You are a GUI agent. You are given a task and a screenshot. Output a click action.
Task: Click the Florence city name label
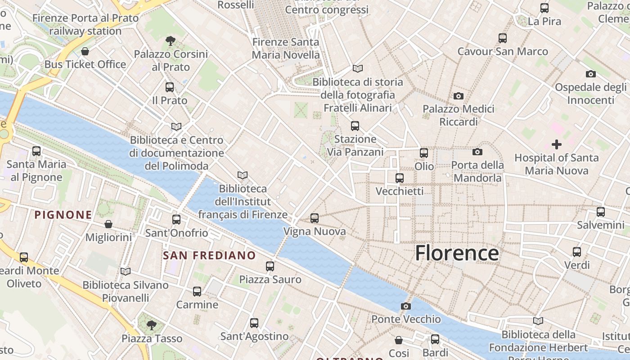pos(457,253)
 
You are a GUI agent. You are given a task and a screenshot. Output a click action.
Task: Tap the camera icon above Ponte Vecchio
pos(405,306)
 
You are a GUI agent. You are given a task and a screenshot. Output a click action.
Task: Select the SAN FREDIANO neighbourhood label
pos(209,256)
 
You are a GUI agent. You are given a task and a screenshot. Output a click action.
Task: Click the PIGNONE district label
pos(63,215)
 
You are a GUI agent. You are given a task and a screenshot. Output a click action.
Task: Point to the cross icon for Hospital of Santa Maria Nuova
pos(557,144)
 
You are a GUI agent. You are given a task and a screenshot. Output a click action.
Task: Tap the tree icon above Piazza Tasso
pos(152,325)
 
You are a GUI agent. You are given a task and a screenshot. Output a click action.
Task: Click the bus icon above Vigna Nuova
pos(315,218)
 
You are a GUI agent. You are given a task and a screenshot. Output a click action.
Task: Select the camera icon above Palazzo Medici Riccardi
pos(459,96)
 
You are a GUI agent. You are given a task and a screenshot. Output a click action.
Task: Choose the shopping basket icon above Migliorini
pos(108,224)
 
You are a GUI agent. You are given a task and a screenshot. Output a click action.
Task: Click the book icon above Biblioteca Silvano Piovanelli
pos(126,271)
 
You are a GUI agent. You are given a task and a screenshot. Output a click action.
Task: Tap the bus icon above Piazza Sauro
pos(270,266)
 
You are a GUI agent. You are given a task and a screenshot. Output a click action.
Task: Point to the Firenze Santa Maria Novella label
pos(286,49)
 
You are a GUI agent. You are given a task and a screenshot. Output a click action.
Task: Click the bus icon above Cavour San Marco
pos(503,38)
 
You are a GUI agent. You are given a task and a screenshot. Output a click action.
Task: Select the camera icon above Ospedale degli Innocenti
pos(590,74)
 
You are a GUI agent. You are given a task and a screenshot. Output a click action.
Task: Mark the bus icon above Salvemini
pos(600,212)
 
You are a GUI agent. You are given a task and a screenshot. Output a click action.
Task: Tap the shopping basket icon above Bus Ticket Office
pos(85,51)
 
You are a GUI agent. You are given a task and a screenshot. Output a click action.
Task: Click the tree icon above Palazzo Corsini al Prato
pos(171,41)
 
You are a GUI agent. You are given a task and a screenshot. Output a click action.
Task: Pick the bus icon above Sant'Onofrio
pos(176,220)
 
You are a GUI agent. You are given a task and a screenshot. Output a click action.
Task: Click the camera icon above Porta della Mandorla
pos(477,152)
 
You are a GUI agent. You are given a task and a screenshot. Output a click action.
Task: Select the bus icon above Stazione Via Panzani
pos(355,126)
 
